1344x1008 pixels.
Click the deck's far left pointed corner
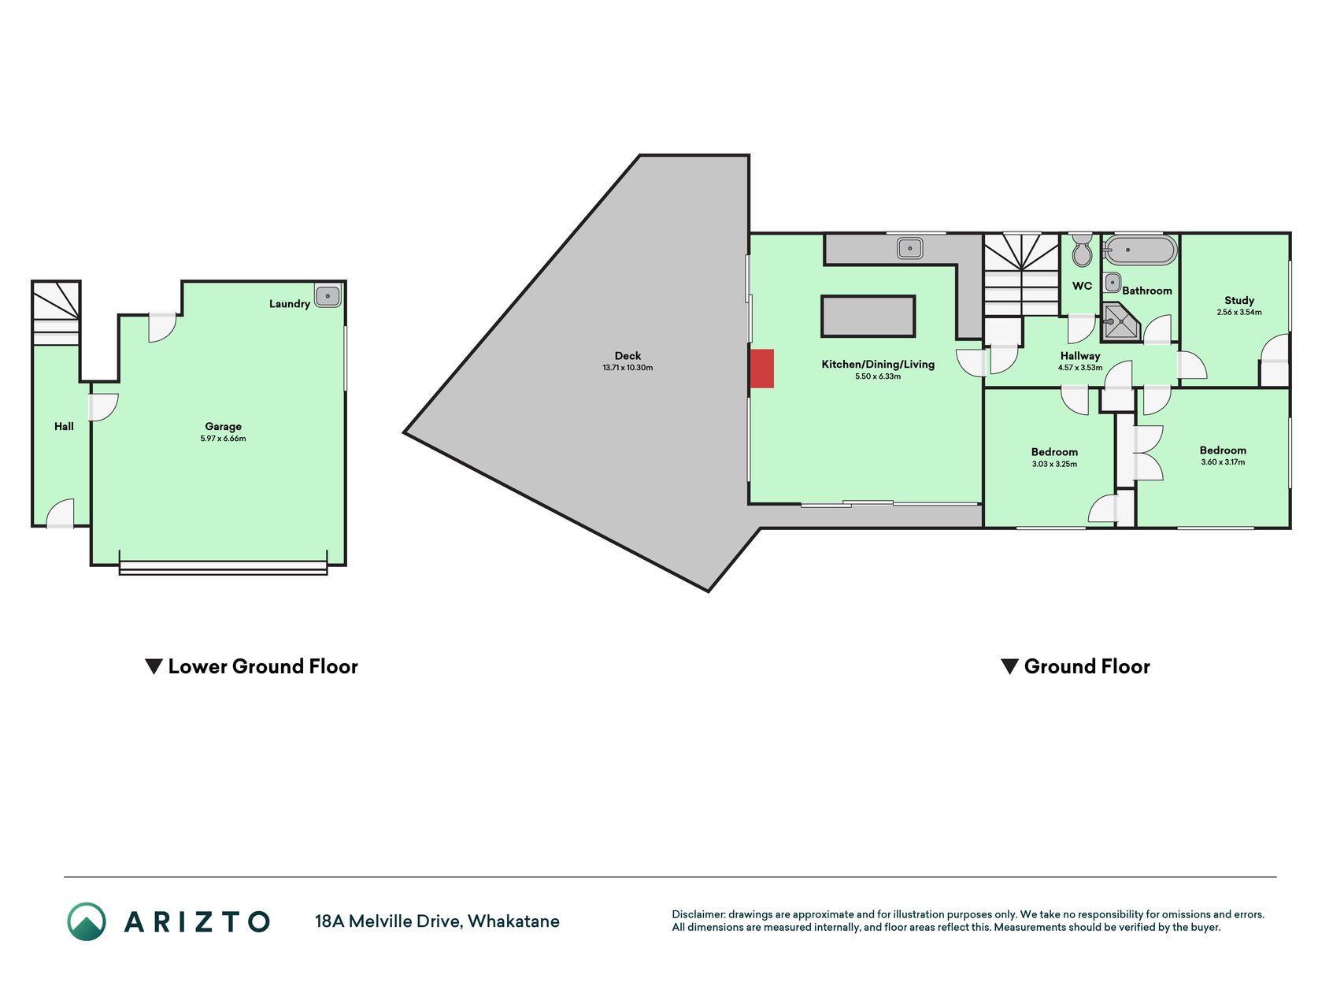405,432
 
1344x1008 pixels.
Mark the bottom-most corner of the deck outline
708,591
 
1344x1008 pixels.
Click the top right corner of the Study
1290,233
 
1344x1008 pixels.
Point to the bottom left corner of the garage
91,564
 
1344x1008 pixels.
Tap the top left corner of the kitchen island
822,296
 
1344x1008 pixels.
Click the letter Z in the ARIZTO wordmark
197,921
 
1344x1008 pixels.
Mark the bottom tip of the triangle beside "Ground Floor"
1010,674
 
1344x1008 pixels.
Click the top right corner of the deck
749,156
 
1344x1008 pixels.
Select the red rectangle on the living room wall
762,369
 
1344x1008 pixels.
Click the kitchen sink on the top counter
909,248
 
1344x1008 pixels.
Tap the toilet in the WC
1082,250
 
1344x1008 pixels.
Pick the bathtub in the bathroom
1140,250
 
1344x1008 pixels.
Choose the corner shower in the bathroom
1121,321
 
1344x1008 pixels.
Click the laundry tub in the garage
328,296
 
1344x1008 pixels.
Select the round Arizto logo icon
87,921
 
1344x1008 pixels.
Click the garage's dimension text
224,439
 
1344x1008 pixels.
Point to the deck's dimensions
628,368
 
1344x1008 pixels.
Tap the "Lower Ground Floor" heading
263,667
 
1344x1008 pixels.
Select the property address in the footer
437,921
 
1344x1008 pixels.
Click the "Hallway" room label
1080,356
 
